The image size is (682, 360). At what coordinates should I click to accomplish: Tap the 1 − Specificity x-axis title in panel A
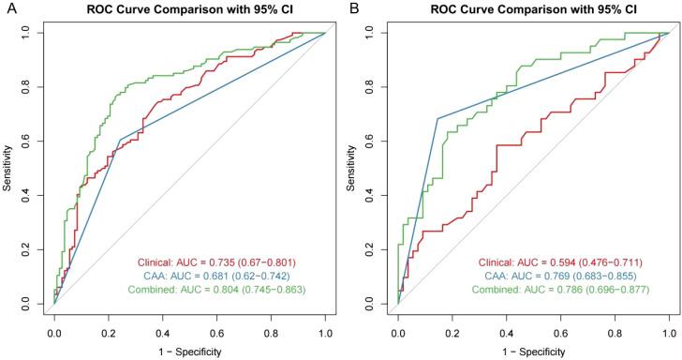190,350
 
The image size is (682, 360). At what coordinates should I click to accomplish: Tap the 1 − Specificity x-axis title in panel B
534,350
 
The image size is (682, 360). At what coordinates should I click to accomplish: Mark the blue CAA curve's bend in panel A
119,140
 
